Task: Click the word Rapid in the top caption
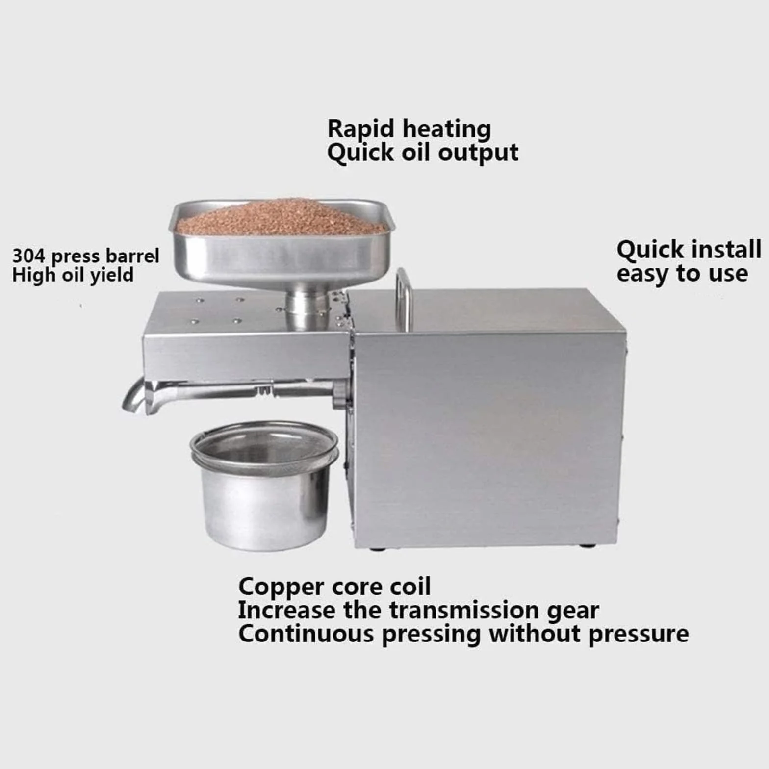[x=361, y=129]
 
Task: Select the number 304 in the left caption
[x=28, y=256]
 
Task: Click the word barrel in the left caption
[x=133, y=256]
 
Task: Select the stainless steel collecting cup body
[x=265, y=508]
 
